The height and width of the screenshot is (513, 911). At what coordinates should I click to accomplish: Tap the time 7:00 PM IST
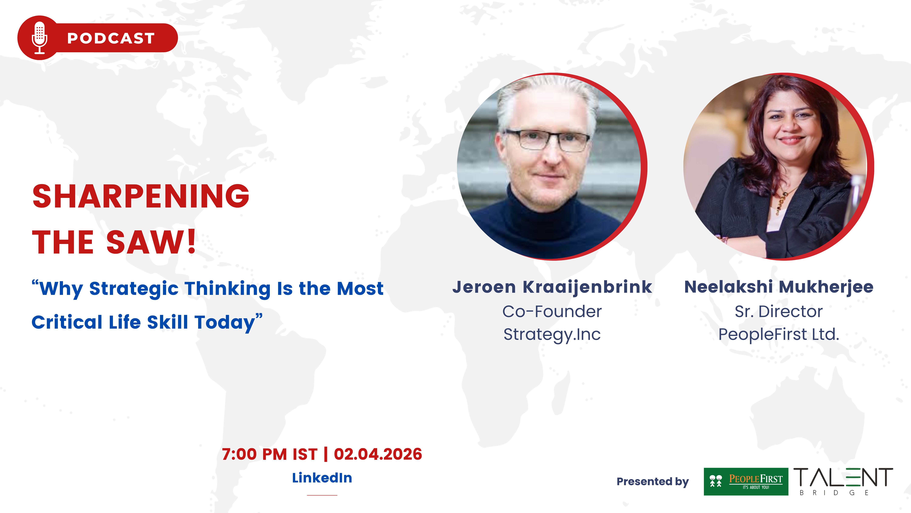(270, 454)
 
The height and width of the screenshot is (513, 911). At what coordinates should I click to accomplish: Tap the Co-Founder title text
(552, 312)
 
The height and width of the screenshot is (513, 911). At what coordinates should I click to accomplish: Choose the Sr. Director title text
(779, 312)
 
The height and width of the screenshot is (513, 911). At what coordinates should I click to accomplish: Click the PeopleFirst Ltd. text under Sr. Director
(779, 334)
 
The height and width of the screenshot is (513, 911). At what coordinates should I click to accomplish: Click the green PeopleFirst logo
(746, 482)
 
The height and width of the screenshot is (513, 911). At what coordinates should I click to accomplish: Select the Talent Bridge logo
(843, 482)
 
